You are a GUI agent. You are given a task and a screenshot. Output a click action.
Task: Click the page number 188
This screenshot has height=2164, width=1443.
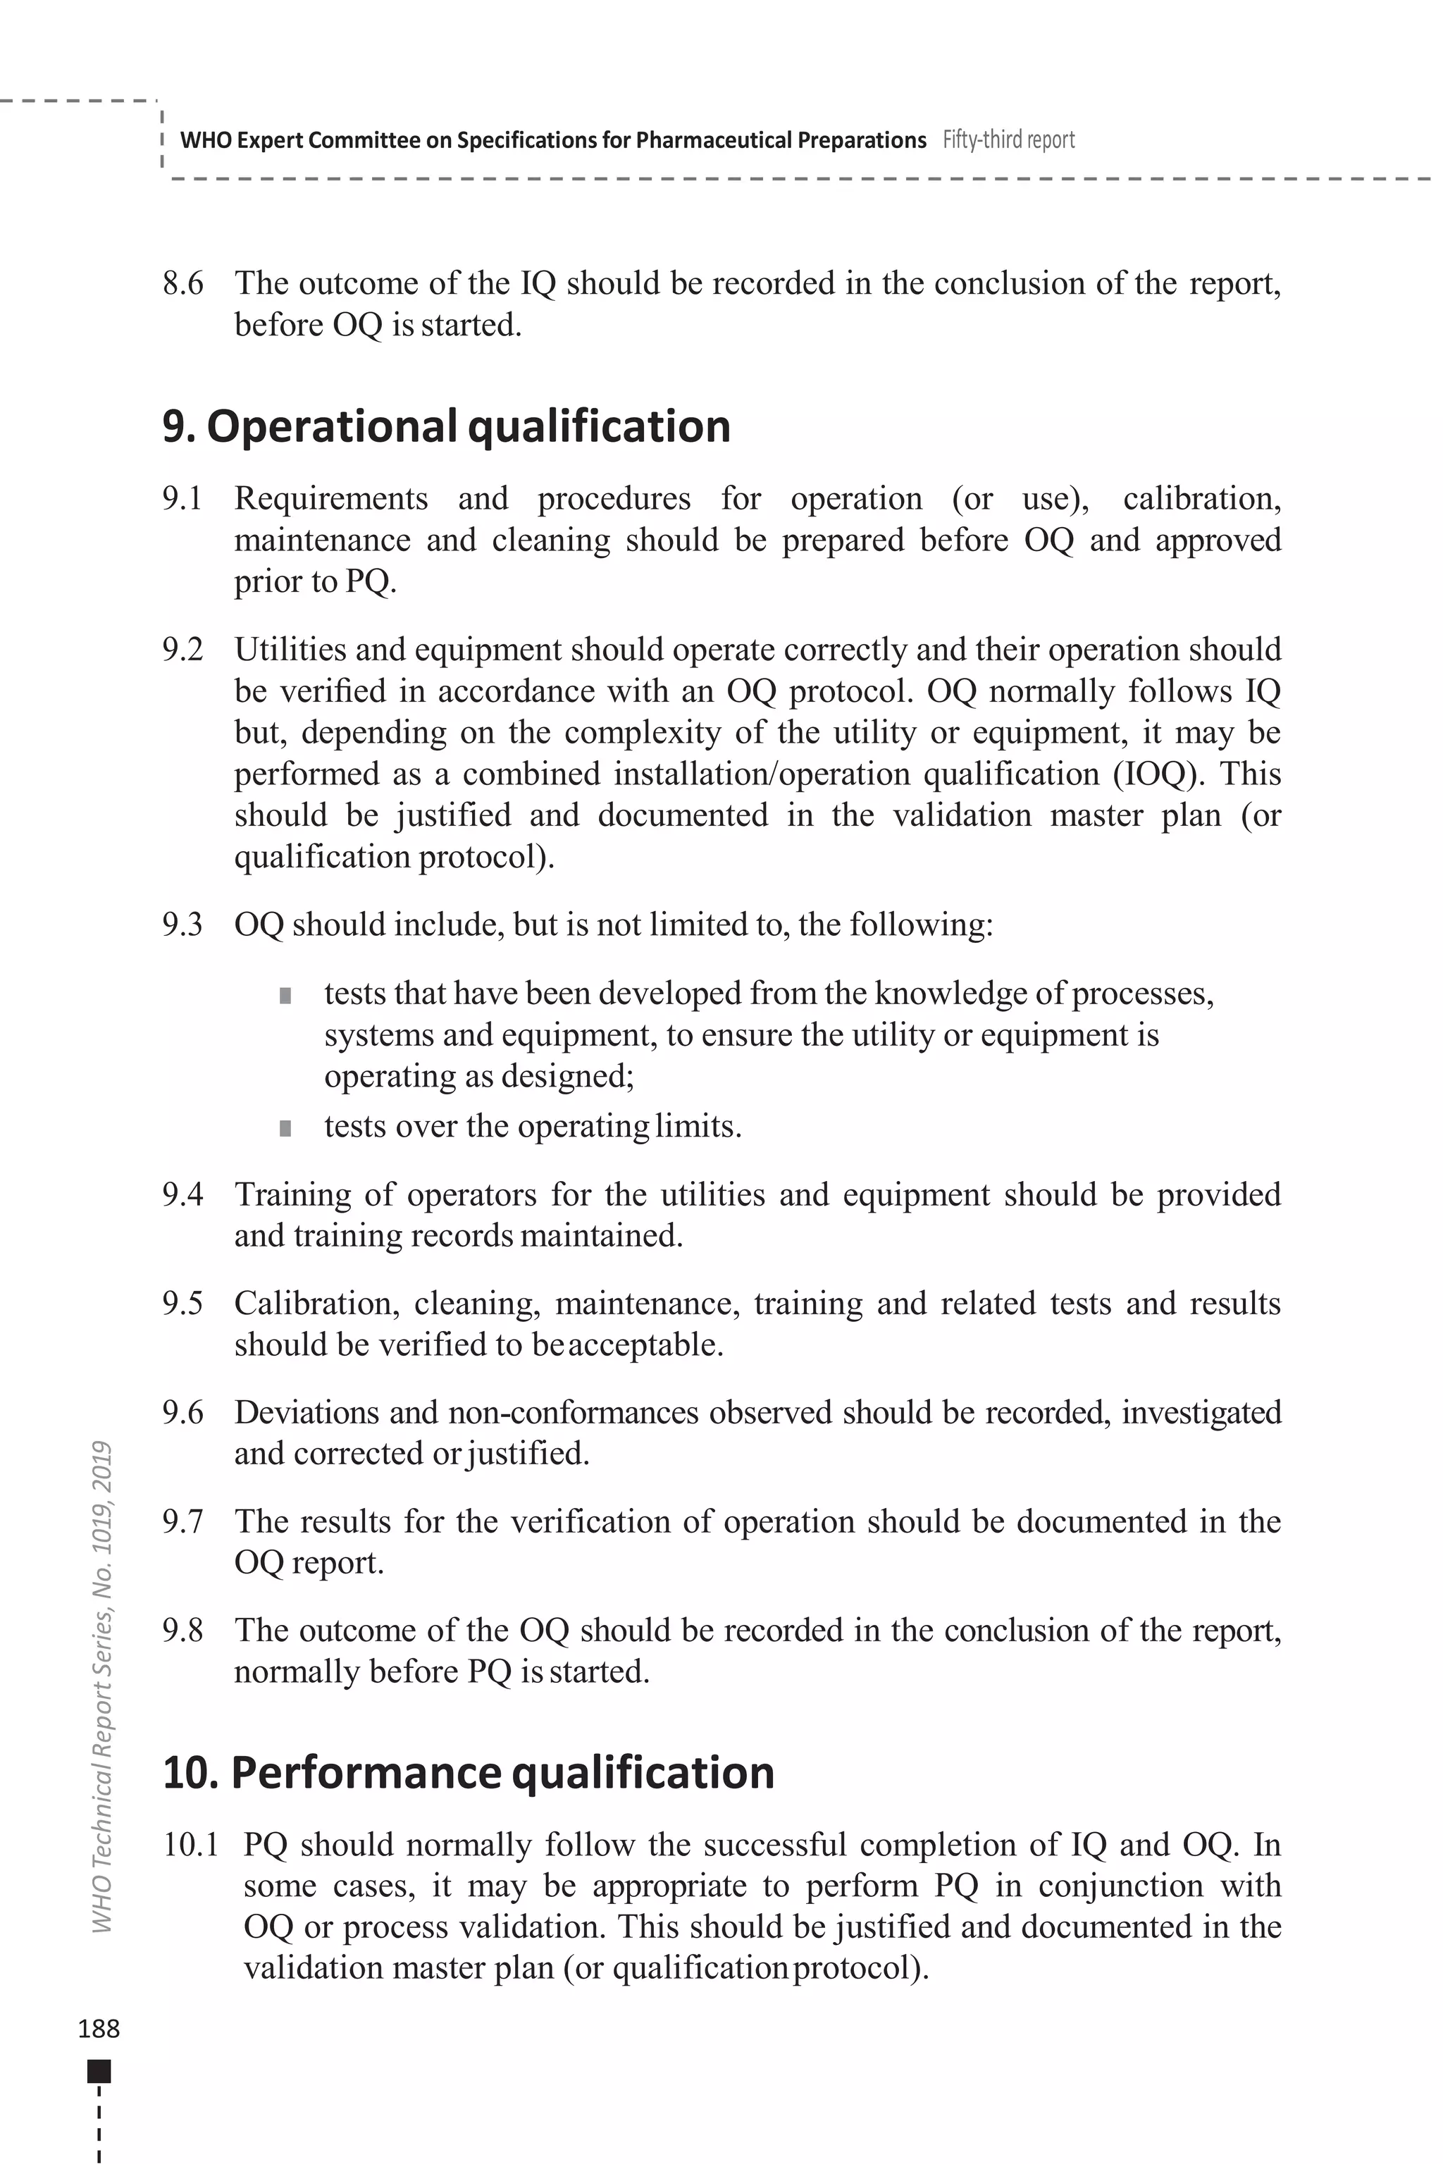[99, 2029]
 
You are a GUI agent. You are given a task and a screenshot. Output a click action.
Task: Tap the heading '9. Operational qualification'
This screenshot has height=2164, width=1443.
[446, 427]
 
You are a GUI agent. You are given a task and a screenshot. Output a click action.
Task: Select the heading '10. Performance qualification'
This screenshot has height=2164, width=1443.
[469, 1773]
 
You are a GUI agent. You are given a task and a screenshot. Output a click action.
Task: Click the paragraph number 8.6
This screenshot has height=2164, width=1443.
[183, 283]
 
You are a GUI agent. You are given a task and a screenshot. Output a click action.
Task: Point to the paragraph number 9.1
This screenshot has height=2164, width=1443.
[182, 499]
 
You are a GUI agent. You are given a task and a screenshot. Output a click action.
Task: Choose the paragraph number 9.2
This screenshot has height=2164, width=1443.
[183, 650]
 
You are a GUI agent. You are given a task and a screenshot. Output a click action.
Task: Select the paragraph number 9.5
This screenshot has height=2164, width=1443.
[183, 1304]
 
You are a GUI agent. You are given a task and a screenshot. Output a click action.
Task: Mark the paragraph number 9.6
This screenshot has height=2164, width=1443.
[183, 1412]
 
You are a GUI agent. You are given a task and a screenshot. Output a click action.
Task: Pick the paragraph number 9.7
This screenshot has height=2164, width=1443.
[183, 1521]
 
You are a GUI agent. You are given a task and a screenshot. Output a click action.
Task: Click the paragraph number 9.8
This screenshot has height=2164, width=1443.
[183, 1630]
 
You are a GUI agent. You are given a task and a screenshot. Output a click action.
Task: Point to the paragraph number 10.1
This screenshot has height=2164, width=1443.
[190, 1845]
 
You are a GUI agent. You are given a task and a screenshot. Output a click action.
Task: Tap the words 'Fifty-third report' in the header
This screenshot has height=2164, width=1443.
[1009, 140]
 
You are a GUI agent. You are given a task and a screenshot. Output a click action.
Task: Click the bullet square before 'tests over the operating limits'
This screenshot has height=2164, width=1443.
[285, 1128]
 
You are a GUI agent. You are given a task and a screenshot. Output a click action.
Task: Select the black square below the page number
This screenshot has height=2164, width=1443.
[99, 2072]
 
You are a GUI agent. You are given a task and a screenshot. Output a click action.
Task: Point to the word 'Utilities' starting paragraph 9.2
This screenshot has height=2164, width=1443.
[289, 650]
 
